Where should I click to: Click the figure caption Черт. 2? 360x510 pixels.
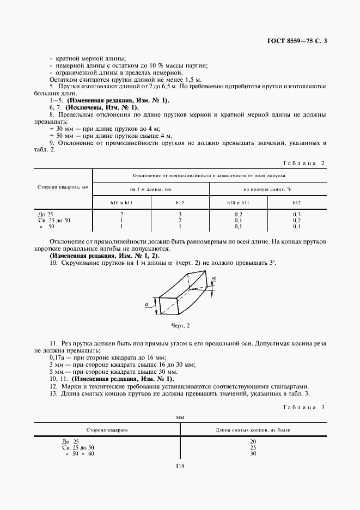(180, 325)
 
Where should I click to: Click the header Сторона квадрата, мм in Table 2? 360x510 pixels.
(63, 187)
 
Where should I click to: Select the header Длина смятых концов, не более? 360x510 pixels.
(253, 430)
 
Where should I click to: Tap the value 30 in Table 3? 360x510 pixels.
(253, 453)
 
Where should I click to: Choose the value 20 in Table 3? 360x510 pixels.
(253, 441)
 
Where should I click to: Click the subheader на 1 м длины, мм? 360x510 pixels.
(151, 189)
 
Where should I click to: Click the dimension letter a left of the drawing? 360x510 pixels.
(148, 305)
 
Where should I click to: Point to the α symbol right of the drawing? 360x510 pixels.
(214, 278)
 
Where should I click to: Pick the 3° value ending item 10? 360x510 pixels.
(272, 263)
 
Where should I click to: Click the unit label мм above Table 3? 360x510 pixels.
(180, 417)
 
